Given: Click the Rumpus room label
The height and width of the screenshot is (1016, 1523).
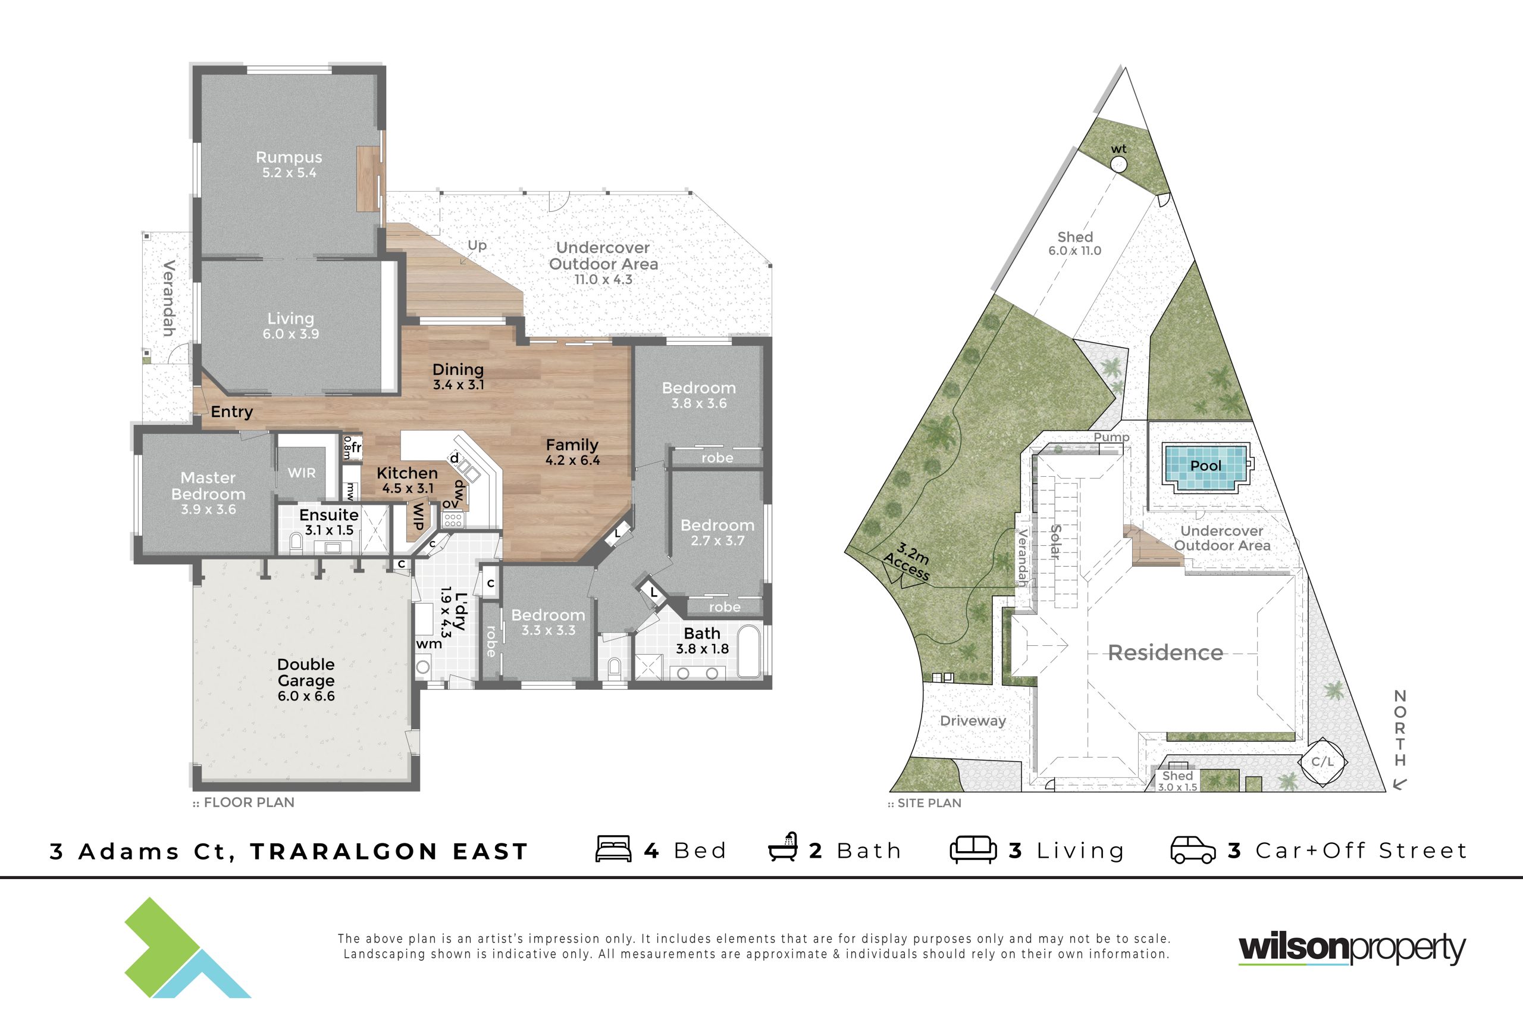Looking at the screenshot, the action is (289, 158).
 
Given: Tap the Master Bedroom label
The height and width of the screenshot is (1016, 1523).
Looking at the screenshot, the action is (208, 486).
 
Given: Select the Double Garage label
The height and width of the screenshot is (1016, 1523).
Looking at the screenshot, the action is (306, 672).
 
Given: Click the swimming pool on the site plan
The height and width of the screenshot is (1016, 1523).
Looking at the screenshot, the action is (1206, 466).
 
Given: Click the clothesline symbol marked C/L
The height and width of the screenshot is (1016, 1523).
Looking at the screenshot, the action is (1323, 762).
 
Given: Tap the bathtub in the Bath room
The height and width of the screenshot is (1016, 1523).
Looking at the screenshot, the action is (749, 651).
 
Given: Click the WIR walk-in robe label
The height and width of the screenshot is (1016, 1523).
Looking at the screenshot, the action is (302, 473).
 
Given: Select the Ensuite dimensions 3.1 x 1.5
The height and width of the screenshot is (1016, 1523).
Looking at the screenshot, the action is (330, 530).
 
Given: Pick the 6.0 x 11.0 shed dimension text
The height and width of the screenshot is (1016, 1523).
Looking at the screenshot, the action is (1075, 251).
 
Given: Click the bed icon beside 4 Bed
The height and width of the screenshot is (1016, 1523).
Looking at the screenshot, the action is (613, 849).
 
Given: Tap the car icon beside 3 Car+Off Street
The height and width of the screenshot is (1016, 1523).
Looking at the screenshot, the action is (1193, 850).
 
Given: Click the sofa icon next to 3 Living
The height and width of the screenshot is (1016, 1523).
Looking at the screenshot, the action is (973, 849).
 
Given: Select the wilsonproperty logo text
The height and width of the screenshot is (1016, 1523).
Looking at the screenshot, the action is (1352, 948).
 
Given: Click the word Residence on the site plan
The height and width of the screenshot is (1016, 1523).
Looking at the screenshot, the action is (1165, 652).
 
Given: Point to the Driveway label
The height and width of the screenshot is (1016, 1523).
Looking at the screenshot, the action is (973, 721).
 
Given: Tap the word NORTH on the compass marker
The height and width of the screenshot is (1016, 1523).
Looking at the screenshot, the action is (1400, 729).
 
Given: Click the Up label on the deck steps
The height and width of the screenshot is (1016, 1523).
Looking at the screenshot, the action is (477, 246).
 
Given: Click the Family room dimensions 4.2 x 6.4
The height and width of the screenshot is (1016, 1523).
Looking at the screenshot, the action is (572, 461).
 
